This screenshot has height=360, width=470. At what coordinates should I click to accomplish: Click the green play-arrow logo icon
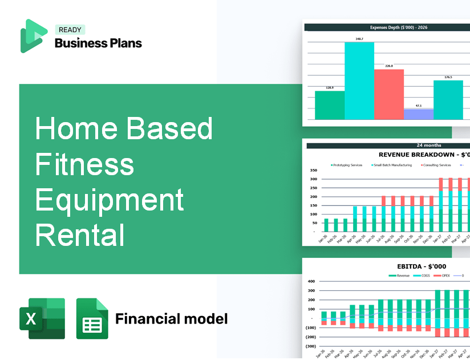coord(33,36)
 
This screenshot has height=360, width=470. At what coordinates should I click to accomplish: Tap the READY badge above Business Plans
coord(70,30)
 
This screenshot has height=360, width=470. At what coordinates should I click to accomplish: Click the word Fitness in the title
coord(84,164)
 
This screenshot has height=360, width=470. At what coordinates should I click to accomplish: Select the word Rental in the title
coord(79,234)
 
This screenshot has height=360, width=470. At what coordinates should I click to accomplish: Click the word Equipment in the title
coord(110,200)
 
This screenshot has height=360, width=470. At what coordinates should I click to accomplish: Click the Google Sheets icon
coord(92,318)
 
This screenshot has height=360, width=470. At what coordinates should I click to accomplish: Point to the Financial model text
coord(171,318)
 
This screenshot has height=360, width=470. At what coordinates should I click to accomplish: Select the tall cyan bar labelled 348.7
coord(359,80)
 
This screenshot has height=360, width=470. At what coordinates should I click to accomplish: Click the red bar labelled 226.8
coord(388,94)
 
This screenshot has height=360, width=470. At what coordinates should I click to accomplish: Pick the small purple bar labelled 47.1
coord(418,114)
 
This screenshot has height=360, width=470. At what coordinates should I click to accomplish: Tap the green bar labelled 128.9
coord(330,105)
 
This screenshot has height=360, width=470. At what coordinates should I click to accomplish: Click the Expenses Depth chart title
coord(387,27)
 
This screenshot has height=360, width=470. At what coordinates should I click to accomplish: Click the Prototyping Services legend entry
coord(348,165)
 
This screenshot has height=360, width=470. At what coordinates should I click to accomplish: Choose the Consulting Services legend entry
coord(437,165)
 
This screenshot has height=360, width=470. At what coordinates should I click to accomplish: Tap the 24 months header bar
coord(388,145)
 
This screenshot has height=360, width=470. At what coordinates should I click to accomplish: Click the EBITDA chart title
coord(422,266)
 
